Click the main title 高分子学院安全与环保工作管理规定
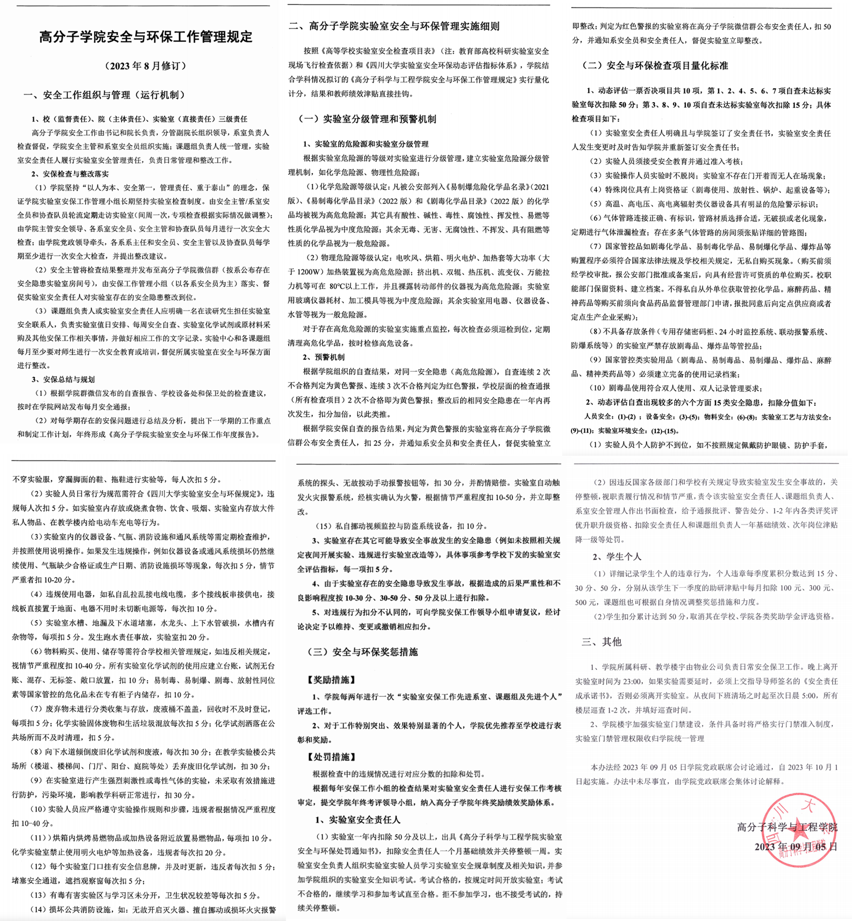pyautogui.click(x=146, y=37)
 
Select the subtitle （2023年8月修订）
pyautogui.click(x=146, y=66)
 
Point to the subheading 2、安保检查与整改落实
pyautogui.click(x=70, y=174)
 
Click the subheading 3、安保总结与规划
pyautogui.click(x=63, y=379)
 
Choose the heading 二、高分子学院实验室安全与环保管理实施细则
pyautogui.click(x=393, y=26)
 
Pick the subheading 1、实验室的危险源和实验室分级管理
pyautogui.click(x=366, y=144)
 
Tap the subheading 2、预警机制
pyautogui.click(x=324, y=357)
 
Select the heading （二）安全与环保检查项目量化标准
pyautogui.click(x=655, y=66)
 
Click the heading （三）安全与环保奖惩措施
pyautogui.click(x=362, y=652)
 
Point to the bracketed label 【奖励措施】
pyautogui.click(x=332, y=680)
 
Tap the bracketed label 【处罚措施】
pyautogui.click(x=332, y=757)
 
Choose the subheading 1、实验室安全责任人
pyautogui.click(x=357, y=820)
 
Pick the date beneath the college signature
pyautogui.click(x=796, y=847)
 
